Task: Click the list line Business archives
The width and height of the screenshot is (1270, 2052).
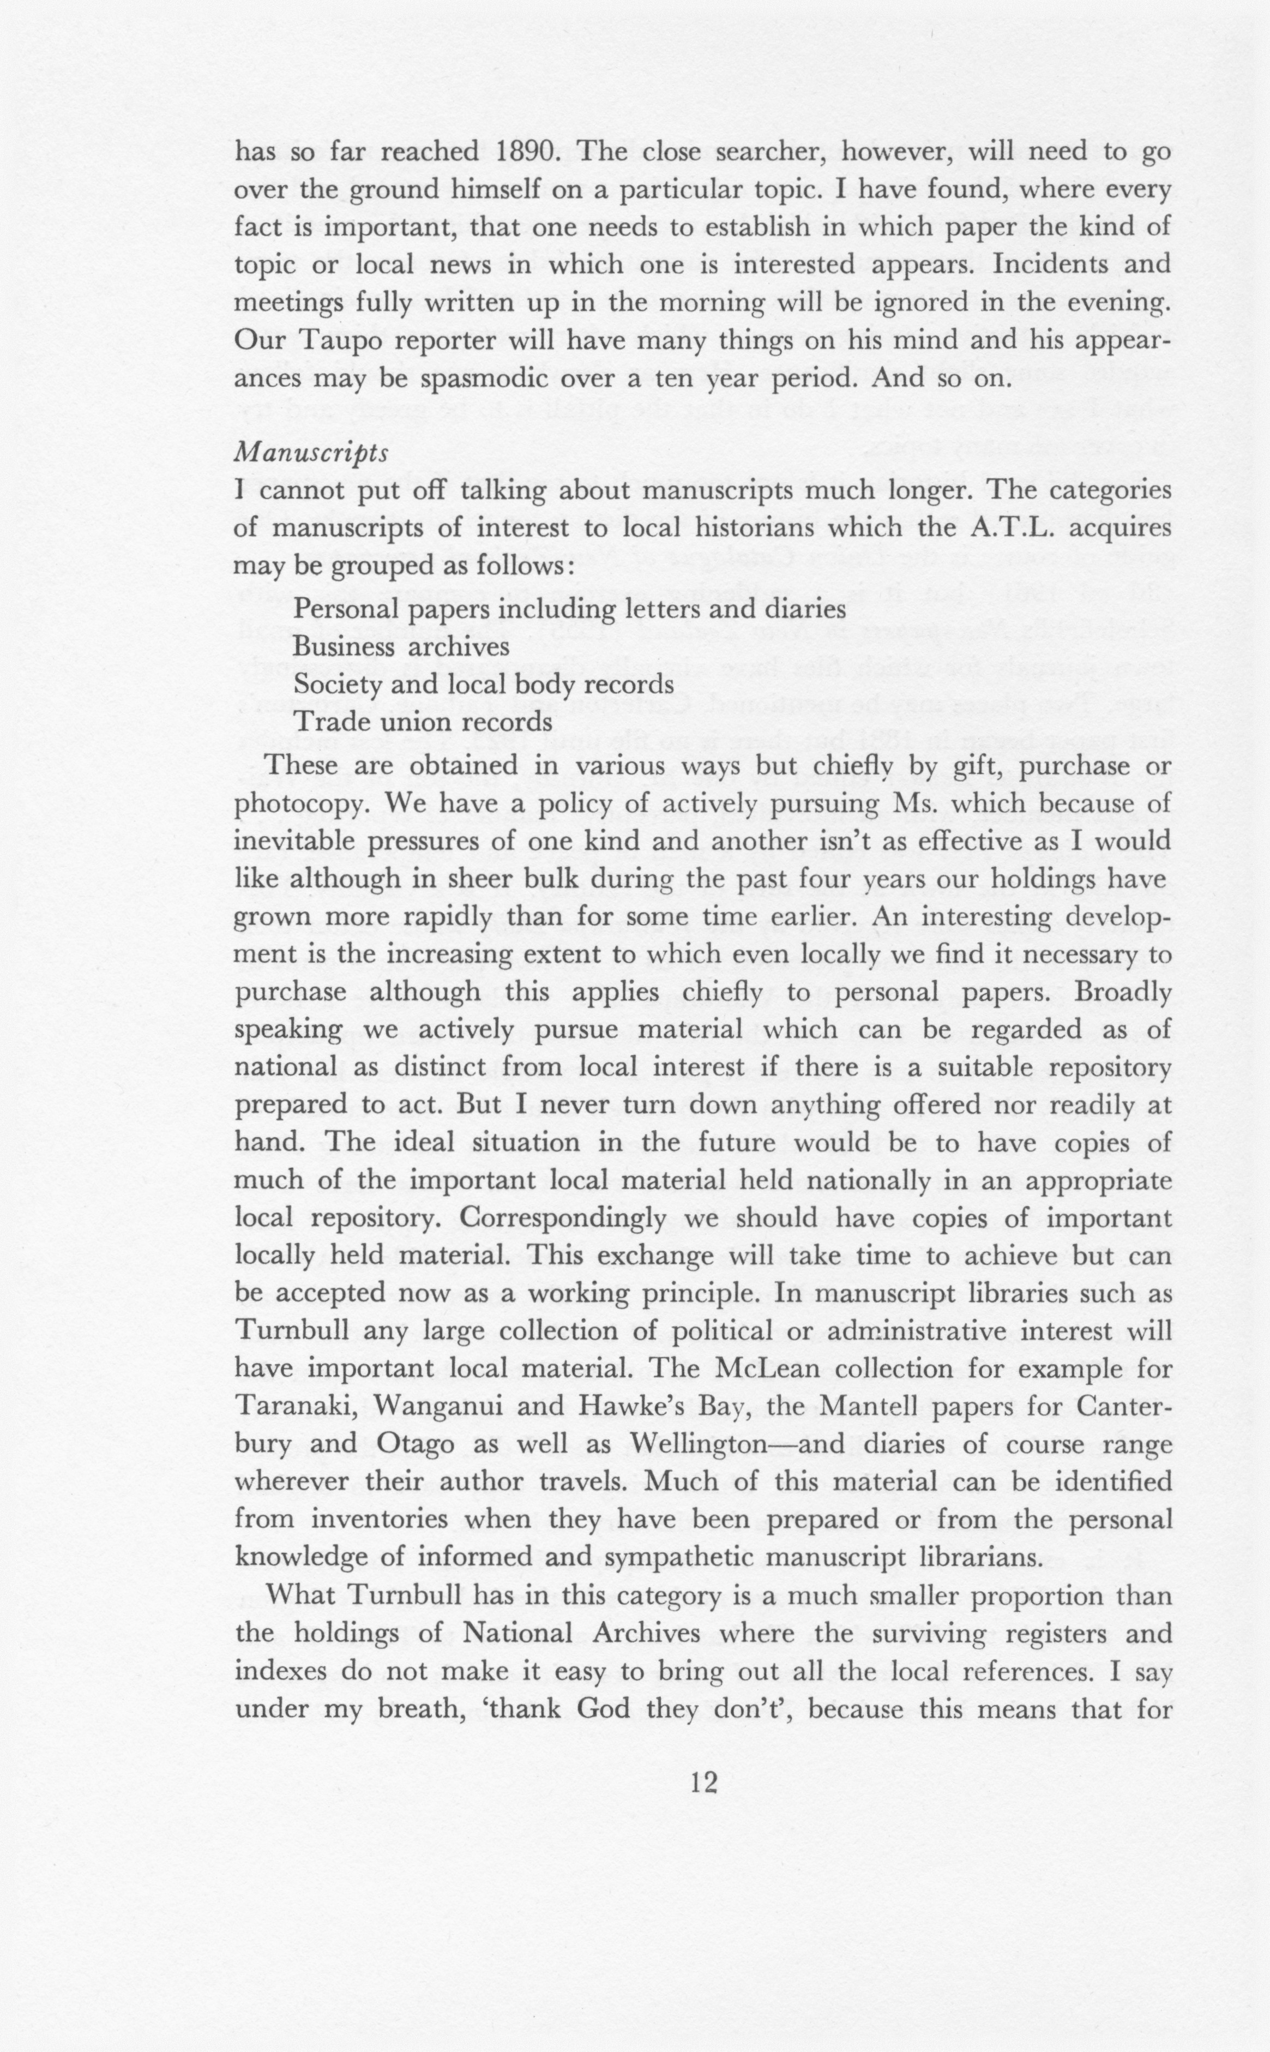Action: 401,647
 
